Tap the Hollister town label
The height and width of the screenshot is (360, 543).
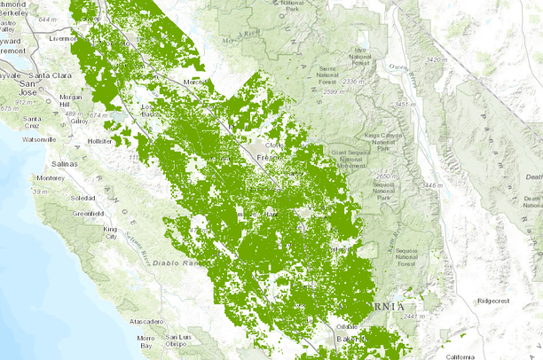click(99, 141)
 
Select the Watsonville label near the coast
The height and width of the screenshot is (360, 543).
click(38, 139)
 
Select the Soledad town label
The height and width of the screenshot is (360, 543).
click(84, 197)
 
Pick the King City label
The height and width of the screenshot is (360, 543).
click(111, 232)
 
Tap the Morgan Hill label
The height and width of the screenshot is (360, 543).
click(71, 100)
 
